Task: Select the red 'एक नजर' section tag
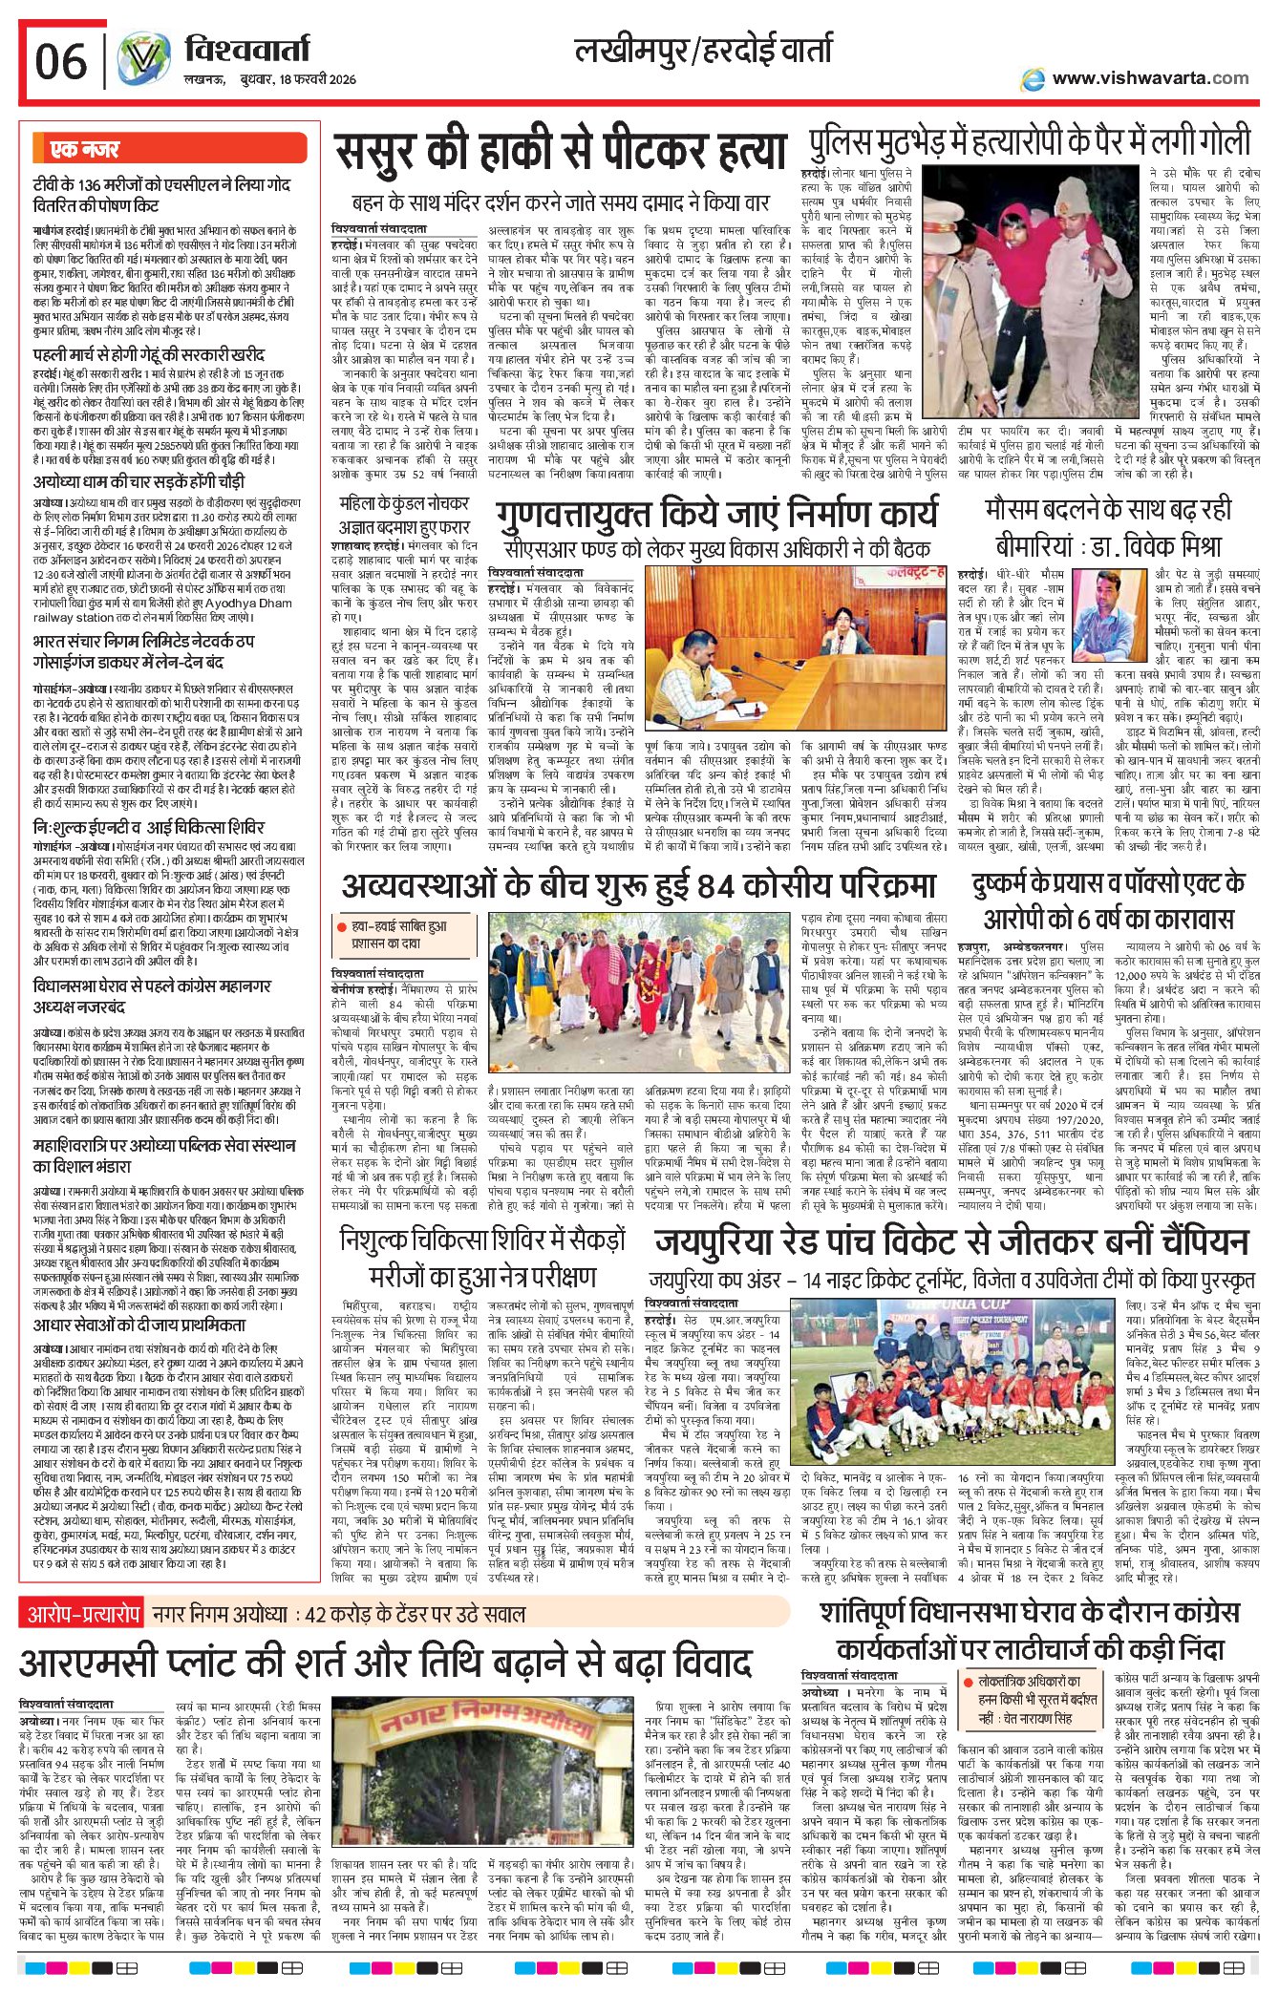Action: [x=85, y=149]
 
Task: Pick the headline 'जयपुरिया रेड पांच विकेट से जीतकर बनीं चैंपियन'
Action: [x=950, y=1241]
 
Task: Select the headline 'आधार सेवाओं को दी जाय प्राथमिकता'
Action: [x=139, y=1325]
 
